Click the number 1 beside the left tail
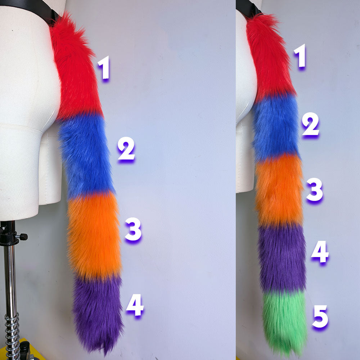(104, 69)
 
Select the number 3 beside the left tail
(133, 230)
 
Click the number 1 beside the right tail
(300, 56)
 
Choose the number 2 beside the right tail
(310, 124)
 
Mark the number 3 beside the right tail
(315, 190)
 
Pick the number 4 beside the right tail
(320, 252)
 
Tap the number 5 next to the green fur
(320, 316)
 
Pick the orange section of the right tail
(279, 191)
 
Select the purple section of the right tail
(282, 257)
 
